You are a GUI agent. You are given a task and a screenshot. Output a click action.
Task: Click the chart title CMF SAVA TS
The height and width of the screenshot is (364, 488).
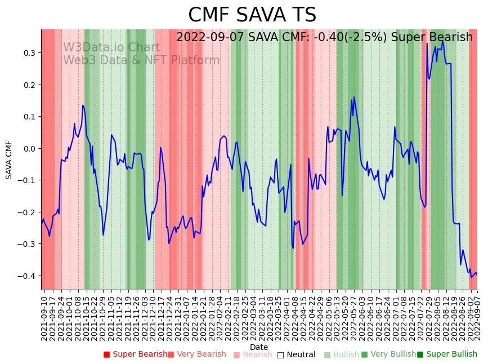252,15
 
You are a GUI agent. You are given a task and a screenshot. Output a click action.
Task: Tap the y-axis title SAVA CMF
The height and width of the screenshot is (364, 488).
9,160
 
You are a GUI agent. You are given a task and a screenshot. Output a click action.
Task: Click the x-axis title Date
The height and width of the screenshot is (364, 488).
259,347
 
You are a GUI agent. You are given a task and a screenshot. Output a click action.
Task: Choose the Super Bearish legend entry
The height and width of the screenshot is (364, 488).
135,354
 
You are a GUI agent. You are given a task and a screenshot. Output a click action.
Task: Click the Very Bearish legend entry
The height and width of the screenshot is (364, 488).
197,354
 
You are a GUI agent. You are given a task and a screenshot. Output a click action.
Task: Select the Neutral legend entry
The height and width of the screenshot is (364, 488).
297,354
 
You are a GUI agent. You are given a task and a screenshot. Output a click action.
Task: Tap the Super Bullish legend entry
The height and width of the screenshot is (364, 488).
447,354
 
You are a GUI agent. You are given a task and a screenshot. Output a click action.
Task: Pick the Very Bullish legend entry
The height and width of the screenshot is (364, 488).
389,354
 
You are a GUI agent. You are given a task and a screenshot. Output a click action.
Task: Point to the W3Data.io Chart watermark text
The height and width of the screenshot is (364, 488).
111,47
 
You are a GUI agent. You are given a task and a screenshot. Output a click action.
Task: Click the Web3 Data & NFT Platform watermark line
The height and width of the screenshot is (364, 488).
141,60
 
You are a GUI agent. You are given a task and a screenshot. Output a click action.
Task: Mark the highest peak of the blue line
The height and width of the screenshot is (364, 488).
442,41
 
